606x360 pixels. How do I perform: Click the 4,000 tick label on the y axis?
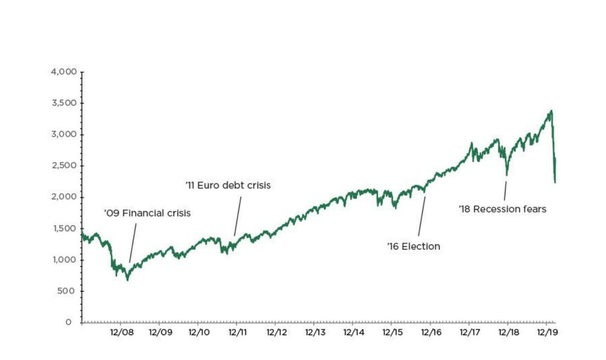64,72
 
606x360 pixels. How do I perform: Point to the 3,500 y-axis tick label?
64,103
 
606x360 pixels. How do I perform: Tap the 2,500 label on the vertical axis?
64,165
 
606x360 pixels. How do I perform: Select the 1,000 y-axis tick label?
64,259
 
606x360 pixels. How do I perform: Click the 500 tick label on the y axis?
67,291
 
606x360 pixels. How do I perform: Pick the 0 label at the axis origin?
72,322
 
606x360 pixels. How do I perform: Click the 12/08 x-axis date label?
122,332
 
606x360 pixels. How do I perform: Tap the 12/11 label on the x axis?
238,332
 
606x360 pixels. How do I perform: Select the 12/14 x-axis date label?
354,332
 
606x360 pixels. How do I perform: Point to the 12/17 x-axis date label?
470,332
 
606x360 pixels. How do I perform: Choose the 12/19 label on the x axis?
548,332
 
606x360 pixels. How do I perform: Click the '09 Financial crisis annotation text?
147,213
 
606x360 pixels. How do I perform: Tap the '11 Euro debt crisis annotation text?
228,185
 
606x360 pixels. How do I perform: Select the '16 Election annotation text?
413,247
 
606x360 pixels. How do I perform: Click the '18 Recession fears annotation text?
503,209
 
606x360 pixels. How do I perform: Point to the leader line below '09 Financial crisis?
133,242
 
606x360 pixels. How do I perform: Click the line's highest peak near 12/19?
551,111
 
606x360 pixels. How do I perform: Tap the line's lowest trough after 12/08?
127,279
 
